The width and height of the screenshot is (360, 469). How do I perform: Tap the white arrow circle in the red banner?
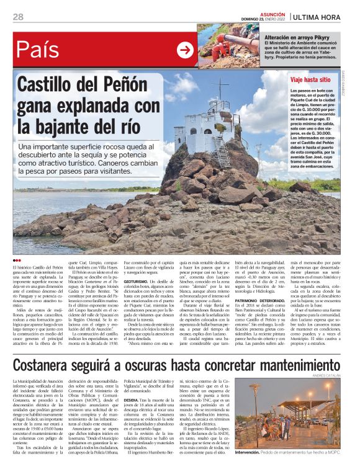pos(185,50)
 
